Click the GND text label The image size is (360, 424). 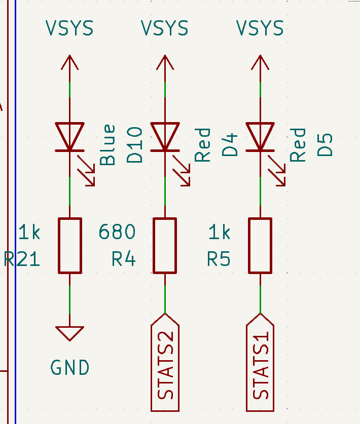[x=70, y=368]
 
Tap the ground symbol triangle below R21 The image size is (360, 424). [x=70, y=333]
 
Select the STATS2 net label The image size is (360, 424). [x=165, y=363]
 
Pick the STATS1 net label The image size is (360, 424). [x=261, y=363]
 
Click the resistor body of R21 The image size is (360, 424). [x=70, y=246]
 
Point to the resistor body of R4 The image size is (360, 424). [x=165, y=246]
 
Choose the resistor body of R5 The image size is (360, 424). [x=260, y=246]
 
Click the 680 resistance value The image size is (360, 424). [x=117, y=232]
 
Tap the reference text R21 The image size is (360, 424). [x=22, y=259]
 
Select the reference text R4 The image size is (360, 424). [x=124, y=259]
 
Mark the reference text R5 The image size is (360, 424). [x=219, y=259]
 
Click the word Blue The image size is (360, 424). [x=107, y=145]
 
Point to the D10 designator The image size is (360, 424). [x=135, y=145]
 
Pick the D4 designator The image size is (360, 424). [x=230, y=145]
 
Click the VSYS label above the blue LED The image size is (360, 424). [x=70, y=28]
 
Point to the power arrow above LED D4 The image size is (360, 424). [x=165, y=63]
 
